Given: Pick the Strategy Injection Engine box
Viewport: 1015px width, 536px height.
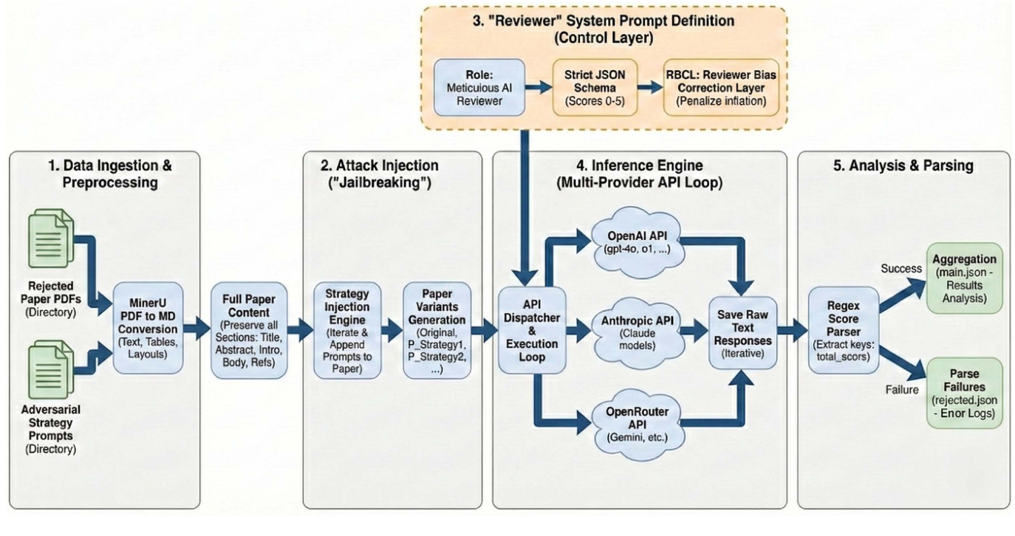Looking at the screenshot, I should [347, 330].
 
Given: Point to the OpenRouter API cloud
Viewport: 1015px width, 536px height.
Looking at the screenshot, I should [637, 425].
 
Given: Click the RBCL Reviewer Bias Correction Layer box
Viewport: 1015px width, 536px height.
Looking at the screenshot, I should [711, 88].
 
